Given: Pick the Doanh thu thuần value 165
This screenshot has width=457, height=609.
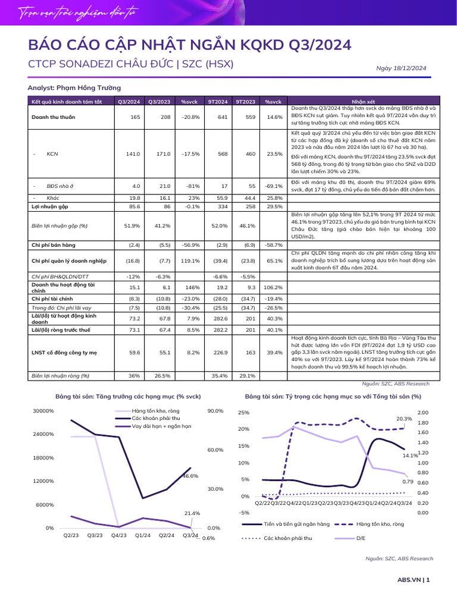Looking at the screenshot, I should (x=135, y=117).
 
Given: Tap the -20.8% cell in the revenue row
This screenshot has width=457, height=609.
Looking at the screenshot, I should (x=190, y=117).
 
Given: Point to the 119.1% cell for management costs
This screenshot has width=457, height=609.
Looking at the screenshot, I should (x=190, y=260).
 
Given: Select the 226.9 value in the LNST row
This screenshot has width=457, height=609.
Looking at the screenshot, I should (x=220, y=353).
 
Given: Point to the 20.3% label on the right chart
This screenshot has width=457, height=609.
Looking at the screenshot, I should (x=404, y=419).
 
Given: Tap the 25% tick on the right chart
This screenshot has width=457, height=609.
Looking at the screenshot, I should (x=243, y=413).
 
